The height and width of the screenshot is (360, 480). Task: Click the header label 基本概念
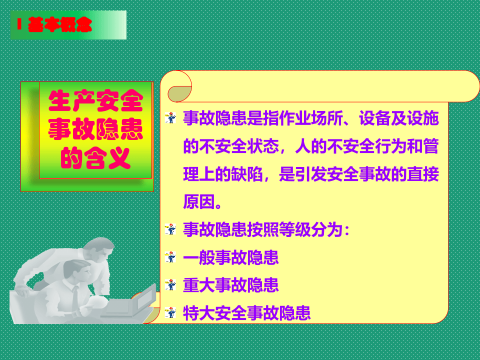pyautogui.click(x=60, y=24)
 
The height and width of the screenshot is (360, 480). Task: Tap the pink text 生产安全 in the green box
pyautogui.click(x=95, y=102)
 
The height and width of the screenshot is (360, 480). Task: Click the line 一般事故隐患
pyautogui.click(x=231, y=258)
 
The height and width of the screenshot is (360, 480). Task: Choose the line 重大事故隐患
pyautogui.click(x=231, y=285)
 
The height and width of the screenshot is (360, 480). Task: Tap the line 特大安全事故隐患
pyautogui.click(x=247, y=313)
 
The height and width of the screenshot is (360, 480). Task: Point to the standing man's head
pyautogui.click(x=100, y=250)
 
